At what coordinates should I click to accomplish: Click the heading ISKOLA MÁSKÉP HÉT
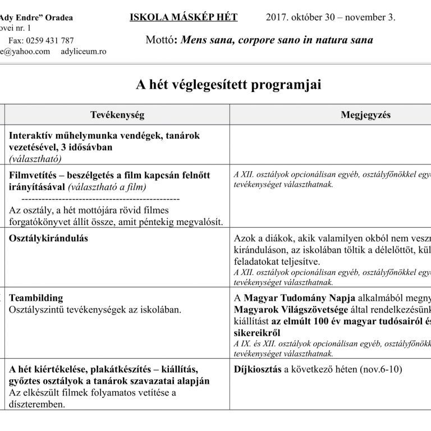[184, 17]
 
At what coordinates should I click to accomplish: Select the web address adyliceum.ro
[82, 51]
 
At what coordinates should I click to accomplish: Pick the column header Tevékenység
[117, 115]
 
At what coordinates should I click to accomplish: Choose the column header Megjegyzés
[365, 115]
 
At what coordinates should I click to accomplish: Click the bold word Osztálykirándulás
[49, 238]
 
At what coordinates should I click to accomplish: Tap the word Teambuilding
[36, 297]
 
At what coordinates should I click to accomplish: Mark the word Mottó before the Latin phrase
[159, 40]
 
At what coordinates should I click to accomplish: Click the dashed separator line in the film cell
[100, 199]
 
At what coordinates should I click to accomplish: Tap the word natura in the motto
[327, 40]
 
